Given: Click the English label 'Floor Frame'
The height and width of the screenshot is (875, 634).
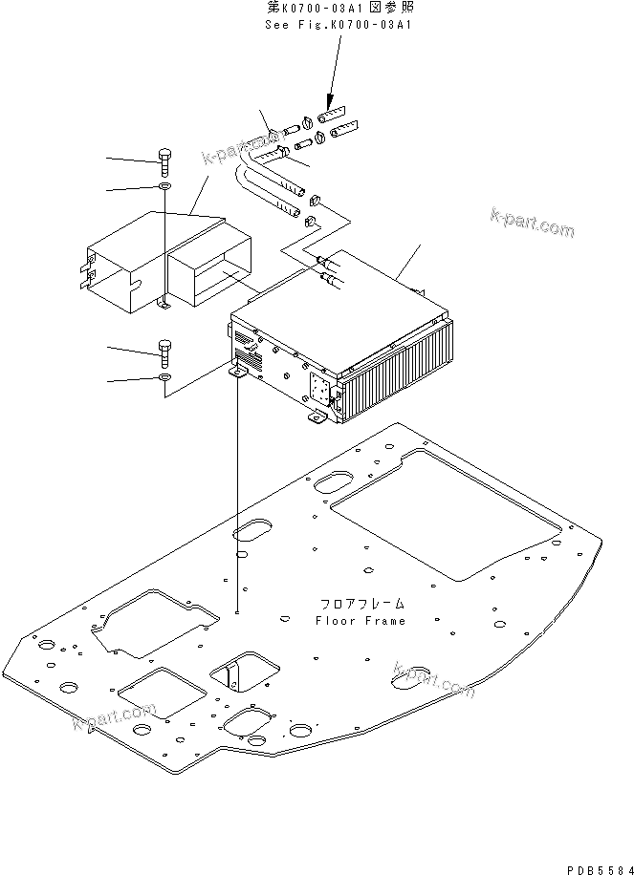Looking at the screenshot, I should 360,620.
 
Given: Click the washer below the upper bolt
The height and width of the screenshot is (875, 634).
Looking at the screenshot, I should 164,186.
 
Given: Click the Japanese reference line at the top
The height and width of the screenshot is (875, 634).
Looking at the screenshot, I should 338,8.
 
